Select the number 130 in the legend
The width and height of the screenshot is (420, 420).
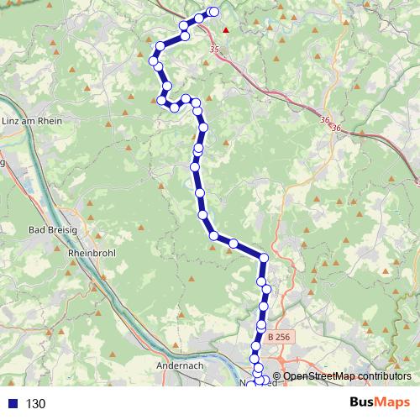point(35,403)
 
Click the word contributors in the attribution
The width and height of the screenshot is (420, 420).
point(387,376)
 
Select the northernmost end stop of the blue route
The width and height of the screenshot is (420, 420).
point(213,12)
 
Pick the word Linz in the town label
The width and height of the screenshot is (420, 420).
point(12,121)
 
